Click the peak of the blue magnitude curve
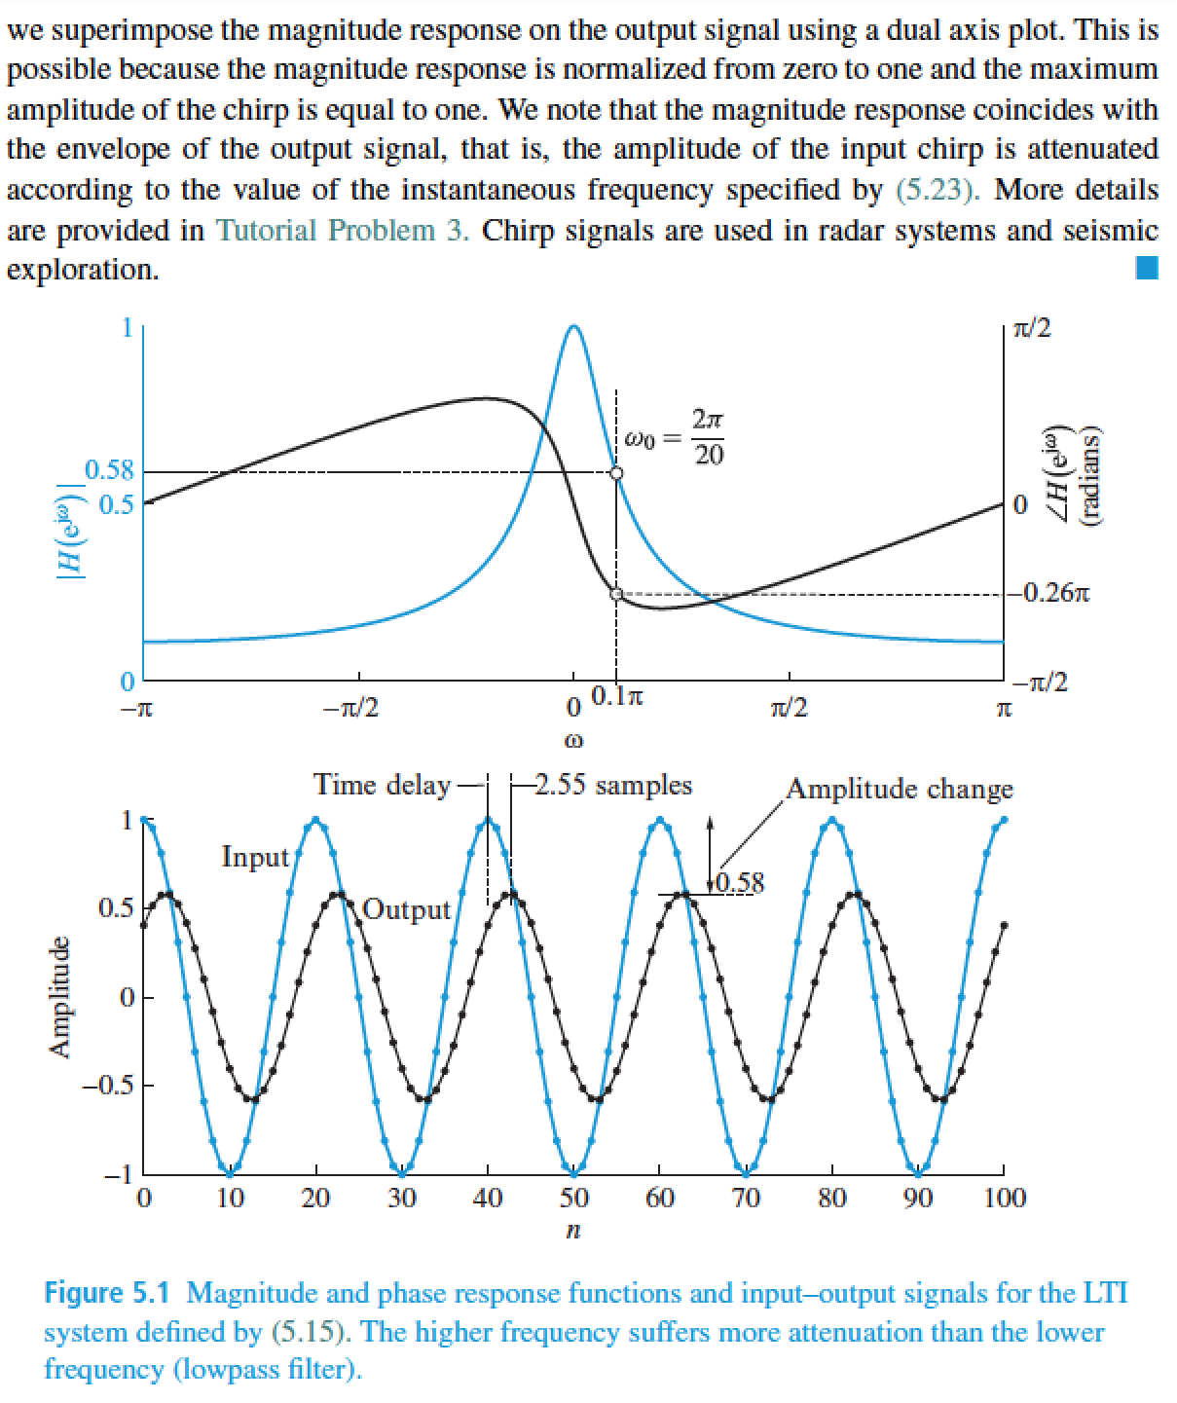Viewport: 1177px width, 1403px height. (x=573, y=326)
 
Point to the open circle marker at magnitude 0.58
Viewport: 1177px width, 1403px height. (x=615, y=473)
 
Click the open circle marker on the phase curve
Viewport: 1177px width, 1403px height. (x=615, y=594)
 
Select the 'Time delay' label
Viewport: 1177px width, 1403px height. (x=382, y=785)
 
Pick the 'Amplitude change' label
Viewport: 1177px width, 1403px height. (x=899, y=789)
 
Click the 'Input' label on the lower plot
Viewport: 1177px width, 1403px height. (x=255, y=857)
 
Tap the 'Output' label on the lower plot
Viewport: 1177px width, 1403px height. (x=407, y=909)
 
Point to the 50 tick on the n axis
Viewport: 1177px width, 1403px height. (x=573, y=1197)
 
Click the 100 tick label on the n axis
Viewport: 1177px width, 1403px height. (x=1005, y=1197)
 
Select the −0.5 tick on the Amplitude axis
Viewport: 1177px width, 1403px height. (x=114, y=1086)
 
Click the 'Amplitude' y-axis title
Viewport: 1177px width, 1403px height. (x=59, y=997)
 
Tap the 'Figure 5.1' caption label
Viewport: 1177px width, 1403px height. (x=108, y=1293)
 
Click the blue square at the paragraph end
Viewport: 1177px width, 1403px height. (x=1147, y=268)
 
